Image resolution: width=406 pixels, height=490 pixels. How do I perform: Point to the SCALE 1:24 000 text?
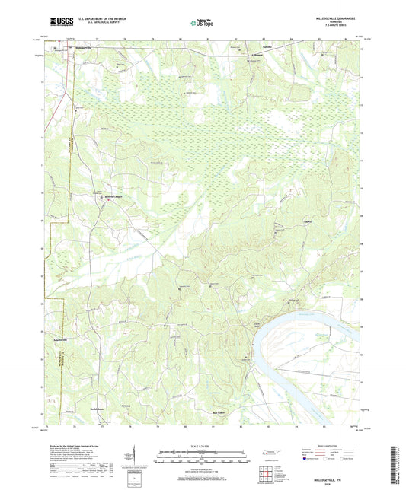pyautogui.click(x=202, y=446)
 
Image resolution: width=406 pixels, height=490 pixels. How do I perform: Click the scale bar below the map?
pyautogui.click(x=202, y=460)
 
